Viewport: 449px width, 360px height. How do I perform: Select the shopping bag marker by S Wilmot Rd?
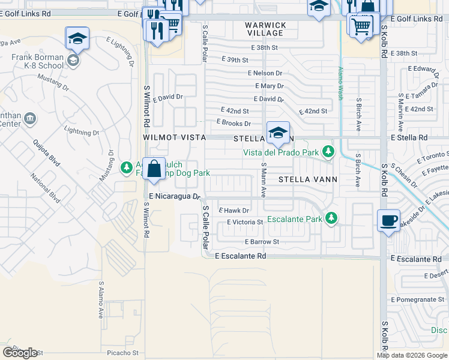pos(154,170)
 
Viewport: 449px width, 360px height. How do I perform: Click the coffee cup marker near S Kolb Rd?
pos(388,220)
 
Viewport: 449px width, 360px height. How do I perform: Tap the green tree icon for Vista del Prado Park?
pos(328,152)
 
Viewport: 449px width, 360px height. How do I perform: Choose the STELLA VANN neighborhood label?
pos(308,179)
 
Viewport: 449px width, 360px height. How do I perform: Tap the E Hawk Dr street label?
pos(234,210)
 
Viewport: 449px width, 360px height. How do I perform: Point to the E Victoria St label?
pos(245,222)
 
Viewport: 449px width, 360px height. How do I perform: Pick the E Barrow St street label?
pos(262,242)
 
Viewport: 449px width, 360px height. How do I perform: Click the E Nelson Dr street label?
pos(265,73)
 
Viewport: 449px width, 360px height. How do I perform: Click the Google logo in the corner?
pos(19,352)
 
